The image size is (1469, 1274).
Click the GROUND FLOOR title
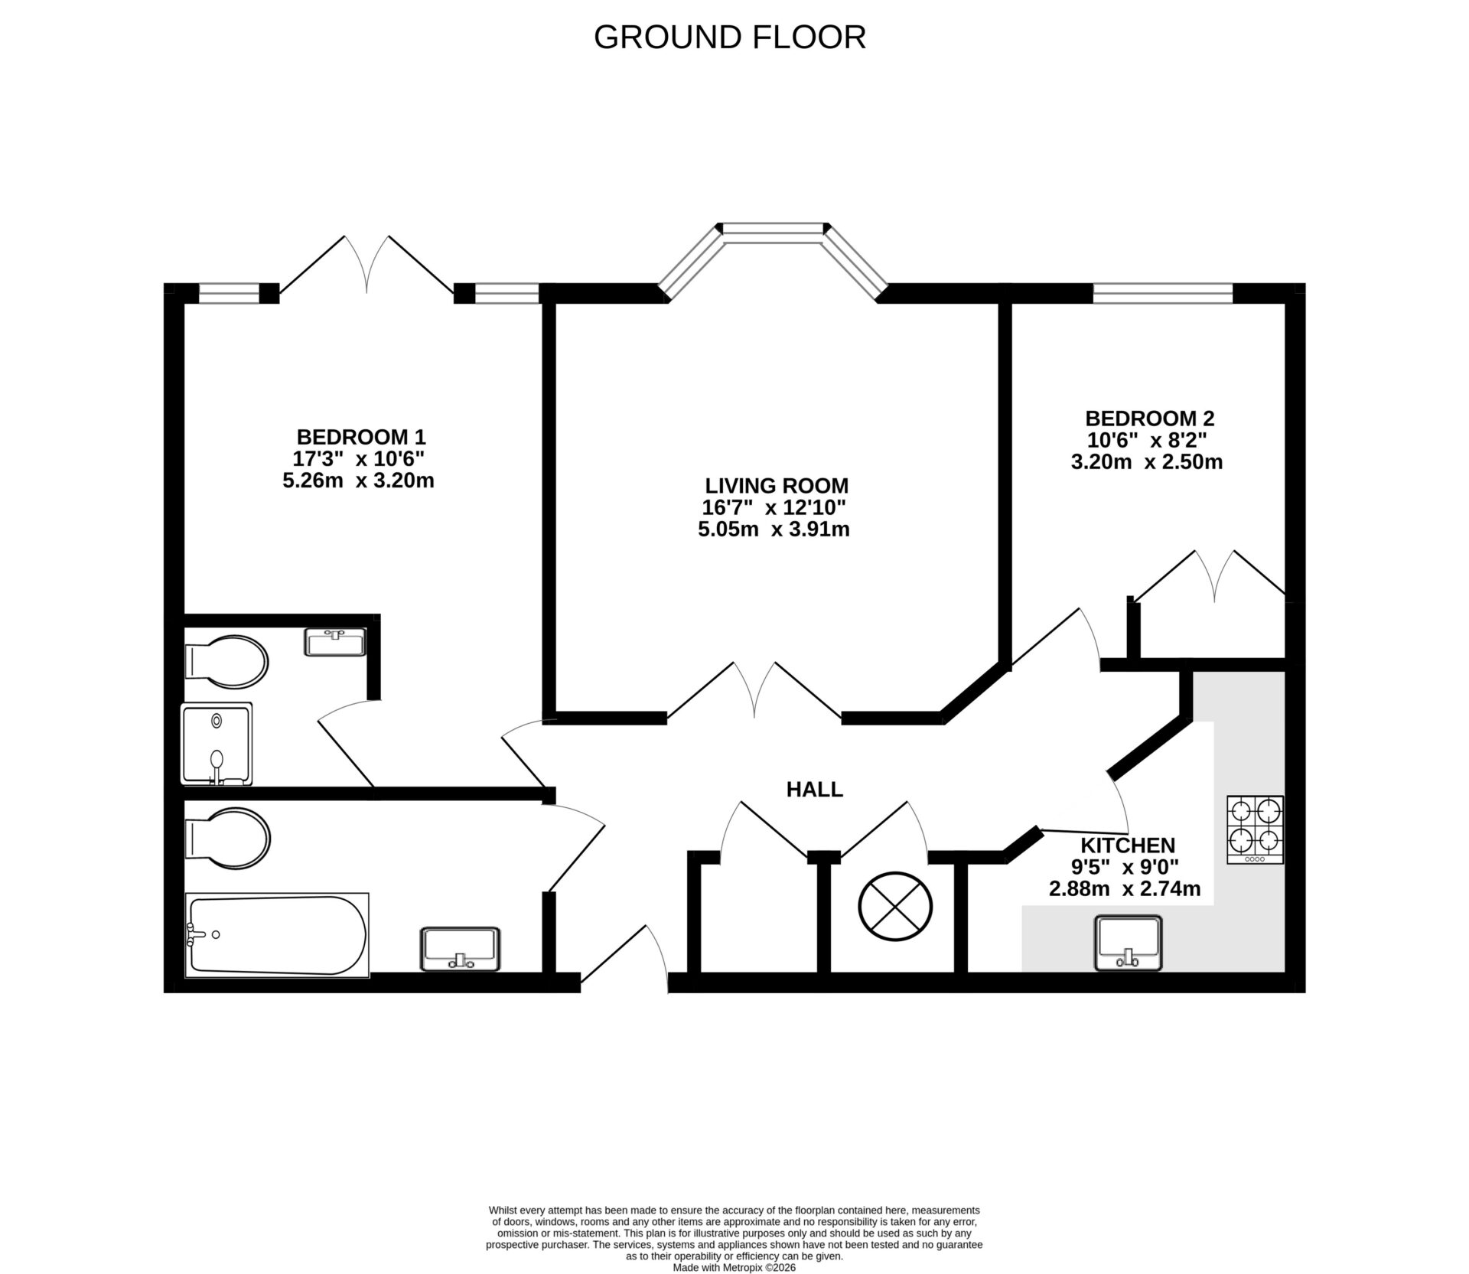[729, 37]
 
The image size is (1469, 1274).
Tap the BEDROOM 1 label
[360, 437]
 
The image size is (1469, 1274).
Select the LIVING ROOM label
[777, 485]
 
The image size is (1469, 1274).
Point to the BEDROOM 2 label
[1149, 419]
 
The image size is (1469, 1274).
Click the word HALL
[814, 790]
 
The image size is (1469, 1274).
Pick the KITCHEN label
[1127, 846]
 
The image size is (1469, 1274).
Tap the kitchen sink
[1129, 943]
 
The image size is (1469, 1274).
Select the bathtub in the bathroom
[277, 935]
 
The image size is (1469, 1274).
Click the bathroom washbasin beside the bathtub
[460, 949]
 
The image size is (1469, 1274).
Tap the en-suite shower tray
[217, 745]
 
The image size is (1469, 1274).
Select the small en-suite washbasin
[335, 642]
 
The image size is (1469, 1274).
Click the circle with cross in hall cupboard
[895, 907]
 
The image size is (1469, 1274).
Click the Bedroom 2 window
[1162, 293]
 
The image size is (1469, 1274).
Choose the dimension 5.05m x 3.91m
[774, 529]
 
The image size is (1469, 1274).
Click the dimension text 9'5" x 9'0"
[1124, 867]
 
